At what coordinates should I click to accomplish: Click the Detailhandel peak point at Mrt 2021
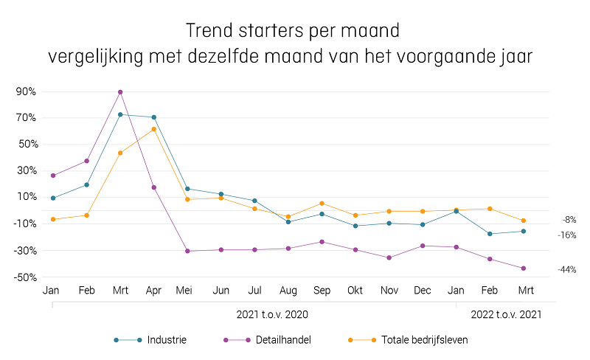[x=120, y=92]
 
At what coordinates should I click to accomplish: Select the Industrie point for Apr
[x=153, y=117]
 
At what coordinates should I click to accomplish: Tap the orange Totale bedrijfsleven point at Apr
[x=153, y=129]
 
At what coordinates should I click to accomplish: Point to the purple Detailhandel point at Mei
[x=187, y=251]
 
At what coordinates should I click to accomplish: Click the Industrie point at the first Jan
[x=53, y=198]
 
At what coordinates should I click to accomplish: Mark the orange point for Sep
[x=322, y=204]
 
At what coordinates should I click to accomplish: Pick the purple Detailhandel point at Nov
[x=389, y=257]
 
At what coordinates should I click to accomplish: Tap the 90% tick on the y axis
[x=26, y=91]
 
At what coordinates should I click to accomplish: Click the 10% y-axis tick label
[x=26, y=197]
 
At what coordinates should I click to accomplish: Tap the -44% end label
[x=566, y=269]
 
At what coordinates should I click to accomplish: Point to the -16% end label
[x=566, y=235]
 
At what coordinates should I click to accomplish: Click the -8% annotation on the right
[x=569, y=220]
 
